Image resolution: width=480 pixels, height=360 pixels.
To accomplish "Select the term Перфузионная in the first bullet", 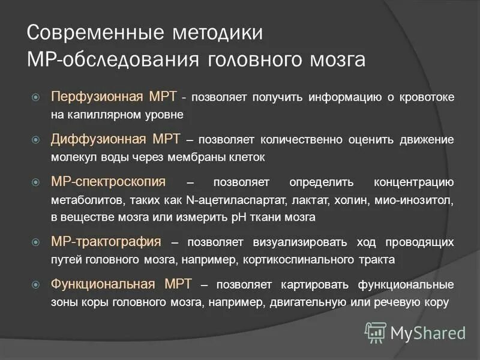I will pos(97,97).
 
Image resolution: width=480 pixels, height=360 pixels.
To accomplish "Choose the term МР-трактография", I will pos(106,242).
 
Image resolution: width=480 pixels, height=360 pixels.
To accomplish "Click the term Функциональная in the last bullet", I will pos(104,284).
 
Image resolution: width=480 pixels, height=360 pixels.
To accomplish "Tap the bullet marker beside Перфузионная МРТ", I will pos(35,97).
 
